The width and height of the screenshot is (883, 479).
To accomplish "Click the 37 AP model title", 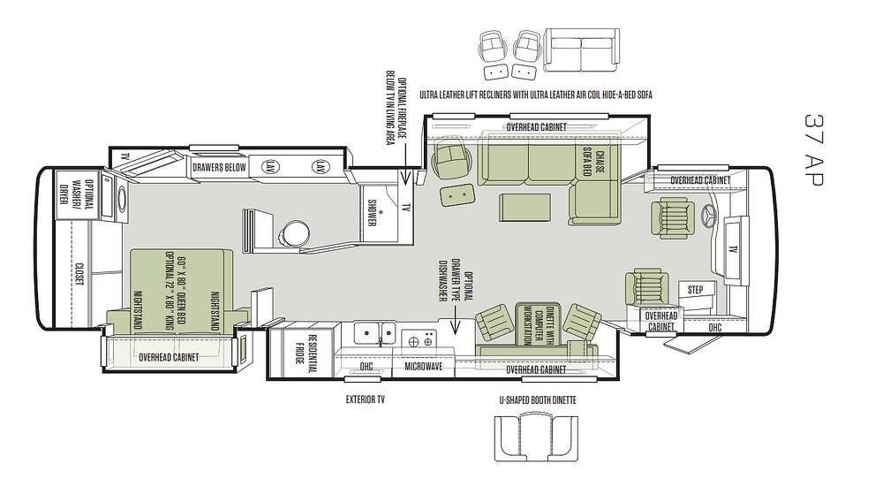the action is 813,149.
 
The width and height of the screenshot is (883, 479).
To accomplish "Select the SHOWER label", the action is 372,212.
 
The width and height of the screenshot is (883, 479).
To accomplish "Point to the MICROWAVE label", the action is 424,367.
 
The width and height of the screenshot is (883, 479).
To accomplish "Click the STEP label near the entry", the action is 696,290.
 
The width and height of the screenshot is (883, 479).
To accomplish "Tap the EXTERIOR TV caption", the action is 365,399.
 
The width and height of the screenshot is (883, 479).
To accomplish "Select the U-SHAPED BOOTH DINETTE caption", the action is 538,400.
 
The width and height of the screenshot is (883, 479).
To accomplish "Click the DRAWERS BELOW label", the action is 219,167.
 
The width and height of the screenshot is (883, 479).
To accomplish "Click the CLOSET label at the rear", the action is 79,274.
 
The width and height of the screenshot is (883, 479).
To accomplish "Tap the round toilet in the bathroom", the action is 295,232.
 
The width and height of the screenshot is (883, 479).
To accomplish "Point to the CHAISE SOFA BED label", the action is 593,163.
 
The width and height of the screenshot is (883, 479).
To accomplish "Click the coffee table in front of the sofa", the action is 525,208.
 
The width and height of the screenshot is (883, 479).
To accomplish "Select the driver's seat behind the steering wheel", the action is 671,217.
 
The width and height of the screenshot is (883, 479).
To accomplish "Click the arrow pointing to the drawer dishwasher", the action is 455,322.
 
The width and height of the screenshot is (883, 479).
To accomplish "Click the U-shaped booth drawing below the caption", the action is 536,437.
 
